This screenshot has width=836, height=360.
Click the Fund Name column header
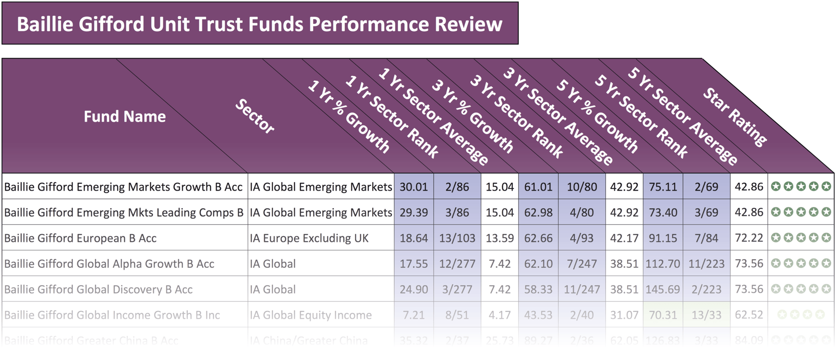point(124,116)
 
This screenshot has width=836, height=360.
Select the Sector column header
point(254,116)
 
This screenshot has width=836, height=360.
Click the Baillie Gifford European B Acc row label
point(80,238)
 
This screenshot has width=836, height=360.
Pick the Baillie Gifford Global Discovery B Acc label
point(98,289)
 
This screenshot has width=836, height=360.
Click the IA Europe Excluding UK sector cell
point(309,238)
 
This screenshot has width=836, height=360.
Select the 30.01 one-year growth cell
point(413,187)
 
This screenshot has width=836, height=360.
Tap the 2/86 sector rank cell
point(457,187)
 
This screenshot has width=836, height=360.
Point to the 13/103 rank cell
point(457,238)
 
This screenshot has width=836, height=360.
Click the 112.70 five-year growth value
point(663,264)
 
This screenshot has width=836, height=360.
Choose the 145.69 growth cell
point(663,289)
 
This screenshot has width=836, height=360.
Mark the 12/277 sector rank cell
point(457,264)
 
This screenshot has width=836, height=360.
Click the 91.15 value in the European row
point(663,238)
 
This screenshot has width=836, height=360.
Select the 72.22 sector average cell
point(749,238)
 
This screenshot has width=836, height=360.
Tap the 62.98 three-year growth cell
point(538,212)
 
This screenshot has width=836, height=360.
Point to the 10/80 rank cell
point(582,187)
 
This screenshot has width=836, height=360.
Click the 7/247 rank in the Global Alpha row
point(582,264)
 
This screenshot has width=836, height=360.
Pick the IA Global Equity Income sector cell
point(310,315)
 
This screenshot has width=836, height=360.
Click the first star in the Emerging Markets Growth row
point(775,186)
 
